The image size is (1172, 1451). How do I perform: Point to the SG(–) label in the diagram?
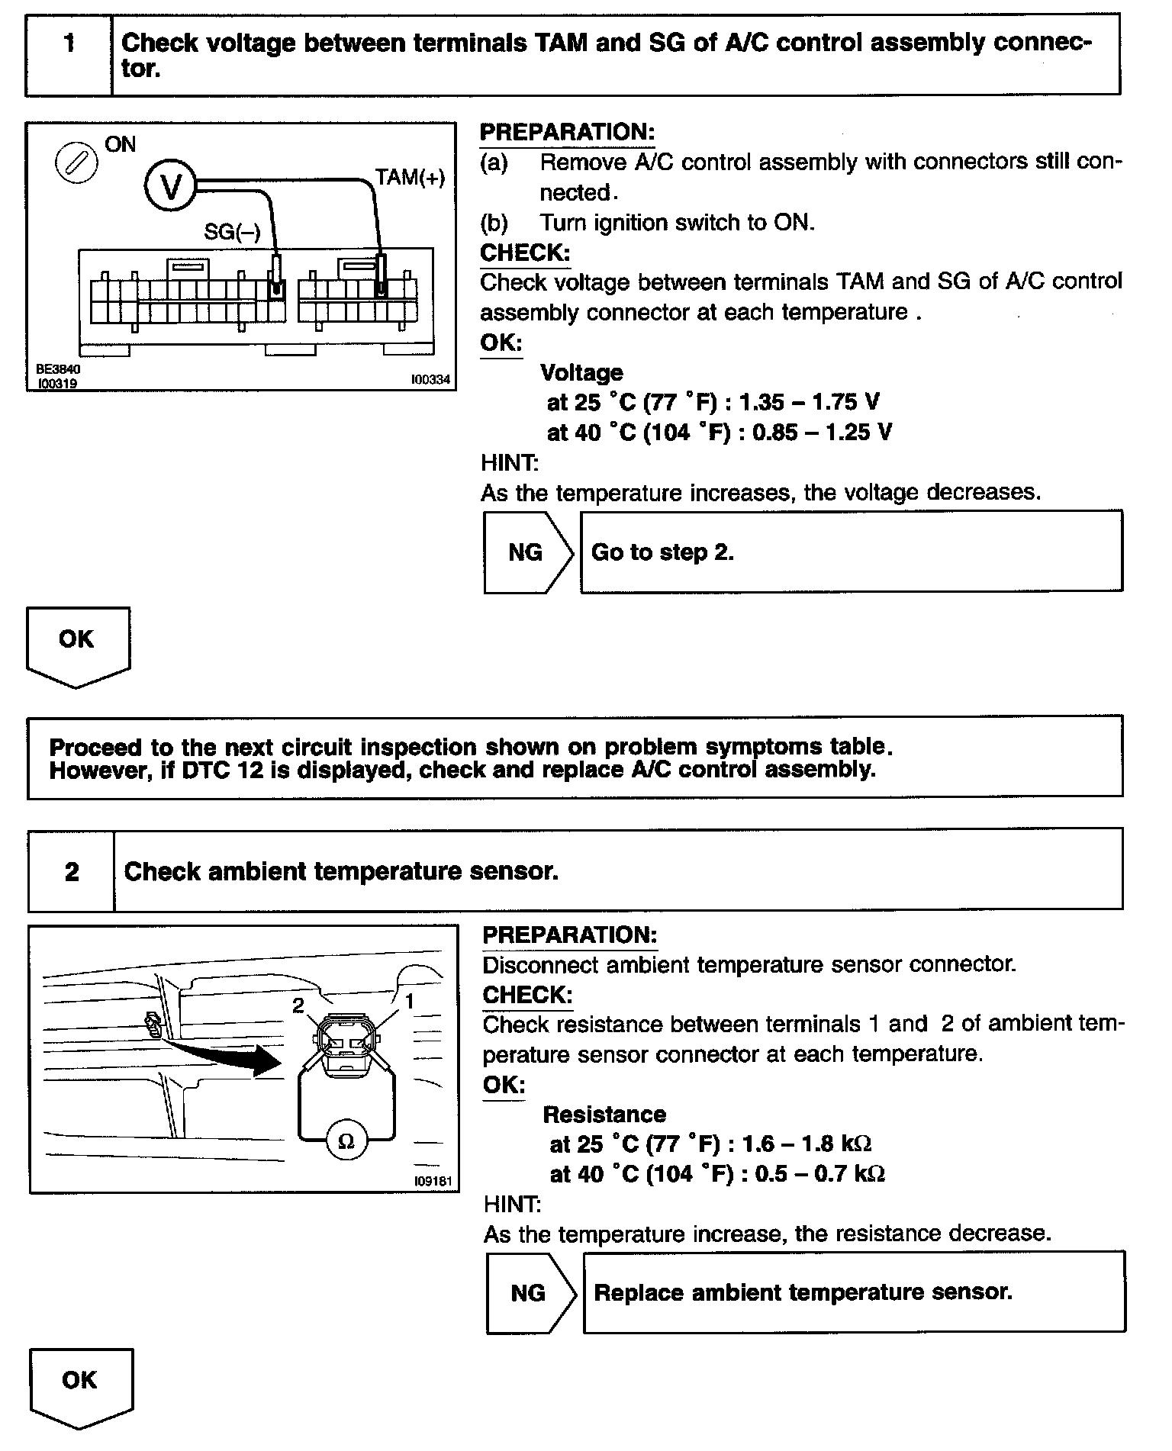[232, 232]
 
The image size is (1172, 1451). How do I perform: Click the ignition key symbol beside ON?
[77, 163]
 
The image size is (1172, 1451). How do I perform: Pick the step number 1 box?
[69, 54]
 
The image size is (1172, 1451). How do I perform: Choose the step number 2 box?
[72, 871]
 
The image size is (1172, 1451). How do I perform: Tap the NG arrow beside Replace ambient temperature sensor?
[530, 1292]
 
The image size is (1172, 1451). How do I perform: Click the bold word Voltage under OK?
[581, 372]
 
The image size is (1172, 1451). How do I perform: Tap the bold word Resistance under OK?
[604, 1115]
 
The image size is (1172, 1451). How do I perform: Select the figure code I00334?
[430, 379]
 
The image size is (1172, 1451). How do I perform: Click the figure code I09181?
[433, 1182]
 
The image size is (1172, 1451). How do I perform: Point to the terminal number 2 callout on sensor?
[298, 1005]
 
